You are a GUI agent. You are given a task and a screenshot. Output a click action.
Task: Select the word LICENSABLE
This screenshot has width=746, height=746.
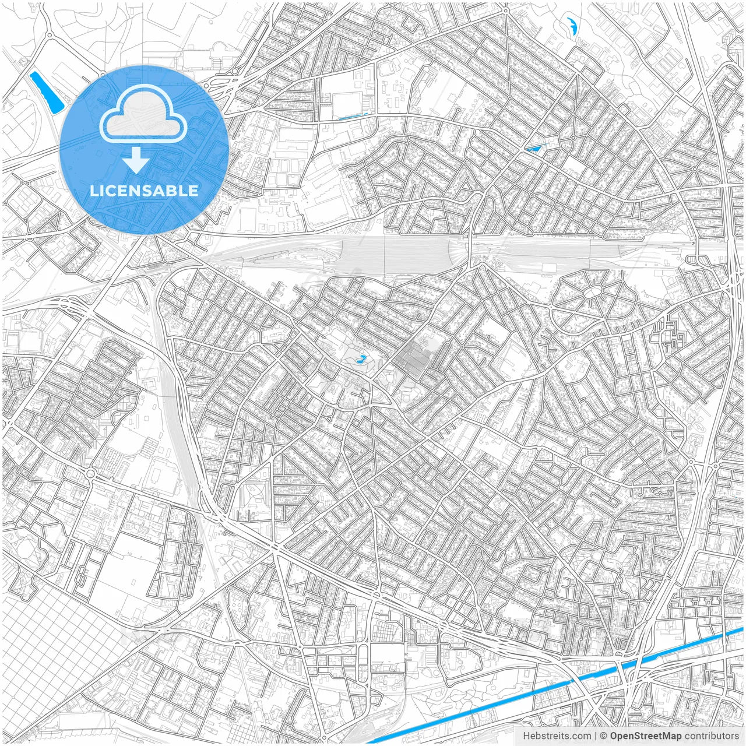pos(144,191)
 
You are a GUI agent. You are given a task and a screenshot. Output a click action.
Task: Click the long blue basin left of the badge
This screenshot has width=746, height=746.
pos(47,92)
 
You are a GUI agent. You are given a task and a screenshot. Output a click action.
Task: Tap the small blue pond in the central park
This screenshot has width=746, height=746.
pos(361,360)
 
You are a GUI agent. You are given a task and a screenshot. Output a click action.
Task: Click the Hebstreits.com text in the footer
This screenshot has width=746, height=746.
pos(557,736)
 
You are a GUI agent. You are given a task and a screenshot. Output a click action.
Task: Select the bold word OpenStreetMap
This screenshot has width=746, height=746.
pos(645,736)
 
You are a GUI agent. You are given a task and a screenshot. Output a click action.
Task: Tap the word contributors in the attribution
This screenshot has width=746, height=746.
pos(712,736)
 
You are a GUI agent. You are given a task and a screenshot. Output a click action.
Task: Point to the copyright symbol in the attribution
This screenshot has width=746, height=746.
pos(604,736)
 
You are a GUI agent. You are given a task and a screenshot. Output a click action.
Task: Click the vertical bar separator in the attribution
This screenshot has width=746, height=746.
pos(595,736)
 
